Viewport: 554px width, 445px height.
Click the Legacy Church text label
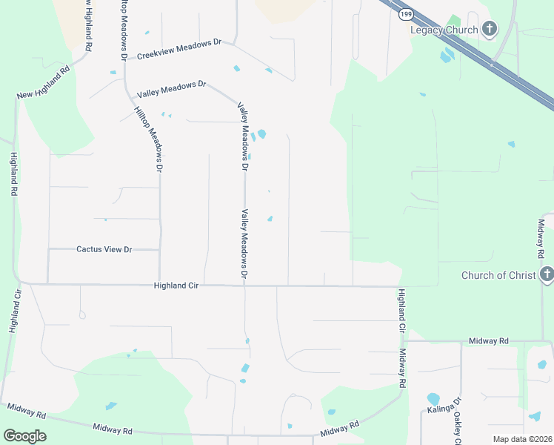pyautogui.click(x=445, y=30)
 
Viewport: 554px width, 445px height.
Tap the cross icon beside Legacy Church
pyautogui.click(x=489, y=30)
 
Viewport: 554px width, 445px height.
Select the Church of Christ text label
pyautogui.click(x=498, y=275)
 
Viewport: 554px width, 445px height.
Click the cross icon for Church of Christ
pyautogui.click(x=547, y=275)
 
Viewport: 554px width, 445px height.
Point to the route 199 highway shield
pyautogui.click(x=405, y=14)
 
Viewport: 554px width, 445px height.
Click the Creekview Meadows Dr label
pyautogui.click(x=180, y=50)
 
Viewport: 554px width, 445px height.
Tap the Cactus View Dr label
pyautogui.click(x=104, y=249)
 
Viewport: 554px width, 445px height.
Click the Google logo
pyautogui.click(x=24, y=436)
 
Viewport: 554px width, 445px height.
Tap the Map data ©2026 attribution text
pyautogui.click(x=521, y=439)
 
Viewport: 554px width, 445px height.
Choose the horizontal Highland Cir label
pyautogui.click(x=178, y=285)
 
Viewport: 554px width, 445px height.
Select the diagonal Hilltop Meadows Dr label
pyautogui.click(x=148, y=139)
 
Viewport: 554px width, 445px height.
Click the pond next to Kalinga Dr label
pyautogui.click(x=433, y=398)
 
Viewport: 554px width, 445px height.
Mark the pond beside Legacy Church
pyautogui.click(x=447, y=56)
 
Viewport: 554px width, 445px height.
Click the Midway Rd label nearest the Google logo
pyautogui.click(x=113, y=429)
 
